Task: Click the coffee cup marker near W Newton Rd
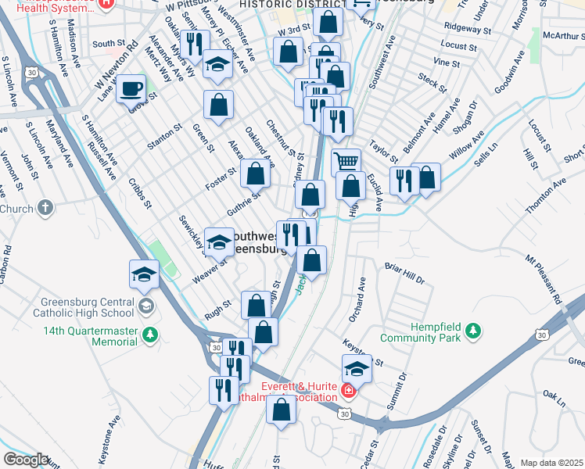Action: coord(131,88)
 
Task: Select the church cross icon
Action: coord(46,208)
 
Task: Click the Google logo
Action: coord(26,460)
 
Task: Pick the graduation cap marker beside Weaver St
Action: coord(220,242)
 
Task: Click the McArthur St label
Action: coord(558,36)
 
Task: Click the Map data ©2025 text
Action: coord(551,463)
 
